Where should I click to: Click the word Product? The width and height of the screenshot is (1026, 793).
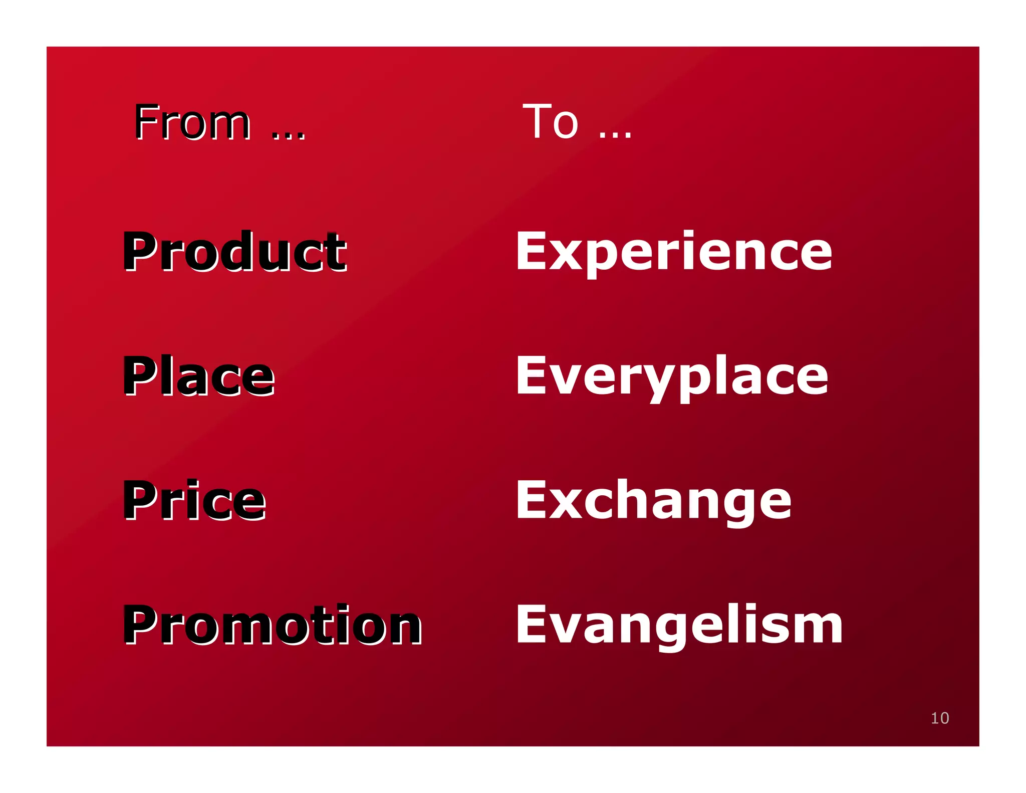(x=234, y=252)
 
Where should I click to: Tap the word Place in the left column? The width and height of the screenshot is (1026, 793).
(x=199, y=376)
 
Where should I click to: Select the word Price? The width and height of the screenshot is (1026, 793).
(x=194, y=500)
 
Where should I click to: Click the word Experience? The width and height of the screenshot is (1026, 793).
(x=674, y=252)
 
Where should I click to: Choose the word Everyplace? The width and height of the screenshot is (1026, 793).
(x=672, y=376)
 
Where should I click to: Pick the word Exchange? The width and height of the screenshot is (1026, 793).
(x=654, y=500)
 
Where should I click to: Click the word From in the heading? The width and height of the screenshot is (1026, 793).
(x=192, y=122)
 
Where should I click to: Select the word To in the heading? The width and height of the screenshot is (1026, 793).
(x=551, y=122)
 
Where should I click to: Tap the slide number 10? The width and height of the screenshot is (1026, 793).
(x=940, y=718)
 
